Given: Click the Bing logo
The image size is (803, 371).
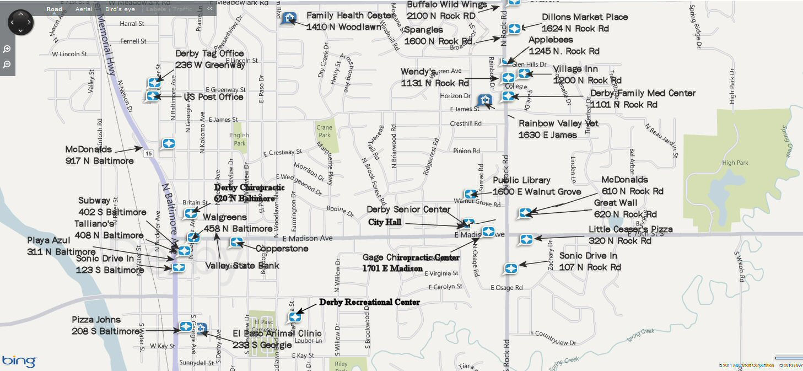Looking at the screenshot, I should (x=19, y=362).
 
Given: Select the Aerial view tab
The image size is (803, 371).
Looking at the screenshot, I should (x=84, y=9).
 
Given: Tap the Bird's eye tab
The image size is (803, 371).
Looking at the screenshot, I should (x=120, y=9).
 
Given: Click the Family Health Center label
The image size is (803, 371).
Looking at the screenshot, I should (x=351, y=15).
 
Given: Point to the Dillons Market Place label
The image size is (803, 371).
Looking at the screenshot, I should (x=584, y=17).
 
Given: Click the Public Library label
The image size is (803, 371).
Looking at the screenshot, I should (x=521, y=180).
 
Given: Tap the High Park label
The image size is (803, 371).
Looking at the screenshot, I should (x=735, y=163).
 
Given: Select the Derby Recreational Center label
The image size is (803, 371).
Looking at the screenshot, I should (x=369, y=302).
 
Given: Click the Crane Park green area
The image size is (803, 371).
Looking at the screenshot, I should (x=325, y=131).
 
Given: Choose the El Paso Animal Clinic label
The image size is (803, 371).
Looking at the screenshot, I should (x=277, y=334).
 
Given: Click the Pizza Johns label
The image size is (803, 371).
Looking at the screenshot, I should (x=96, y=320).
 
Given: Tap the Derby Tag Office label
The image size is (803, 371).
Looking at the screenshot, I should (x=209, y=53).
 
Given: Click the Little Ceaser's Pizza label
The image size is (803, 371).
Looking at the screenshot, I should (x=630, y=229).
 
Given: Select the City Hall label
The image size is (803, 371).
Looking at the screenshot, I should (x=385, y=222).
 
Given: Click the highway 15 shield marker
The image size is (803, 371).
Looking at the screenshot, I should (x=148, y=153).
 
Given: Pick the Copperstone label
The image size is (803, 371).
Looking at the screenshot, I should (x=282, y=249).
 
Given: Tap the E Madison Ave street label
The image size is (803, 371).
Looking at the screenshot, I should (x=308, y=238).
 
